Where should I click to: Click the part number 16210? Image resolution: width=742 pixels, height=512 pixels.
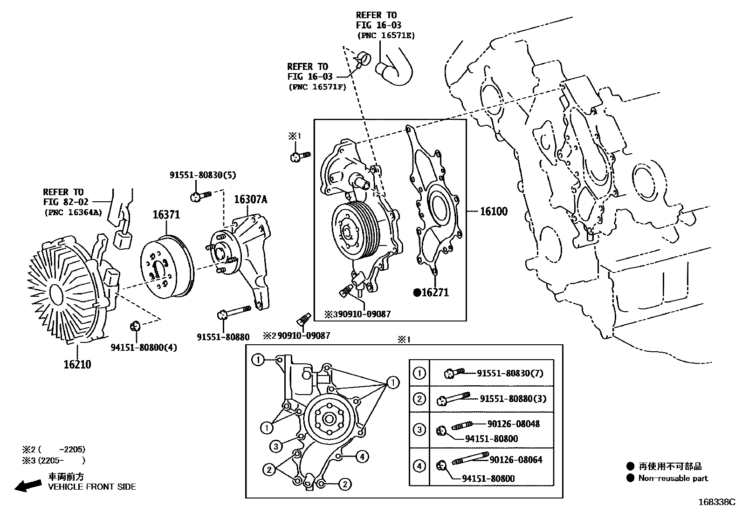point(77,364)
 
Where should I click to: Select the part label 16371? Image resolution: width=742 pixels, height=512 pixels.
point(166,215)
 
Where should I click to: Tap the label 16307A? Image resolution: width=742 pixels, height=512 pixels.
point(250,199)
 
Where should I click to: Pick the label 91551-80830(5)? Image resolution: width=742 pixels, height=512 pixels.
point(203,175)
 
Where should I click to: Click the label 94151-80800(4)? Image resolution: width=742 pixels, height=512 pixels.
point(144,348)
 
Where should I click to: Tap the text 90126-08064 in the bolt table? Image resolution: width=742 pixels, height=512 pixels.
point(516,460)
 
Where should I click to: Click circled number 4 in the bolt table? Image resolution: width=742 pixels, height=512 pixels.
point(419,465)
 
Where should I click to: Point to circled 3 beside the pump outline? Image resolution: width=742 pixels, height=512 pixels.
point(276,446)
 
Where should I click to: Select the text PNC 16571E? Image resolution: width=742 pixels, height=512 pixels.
point(385,35)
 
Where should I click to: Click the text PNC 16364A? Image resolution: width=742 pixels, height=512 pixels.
point(73,212)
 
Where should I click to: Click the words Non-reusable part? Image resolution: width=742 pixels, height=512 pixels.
point(673,478)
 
